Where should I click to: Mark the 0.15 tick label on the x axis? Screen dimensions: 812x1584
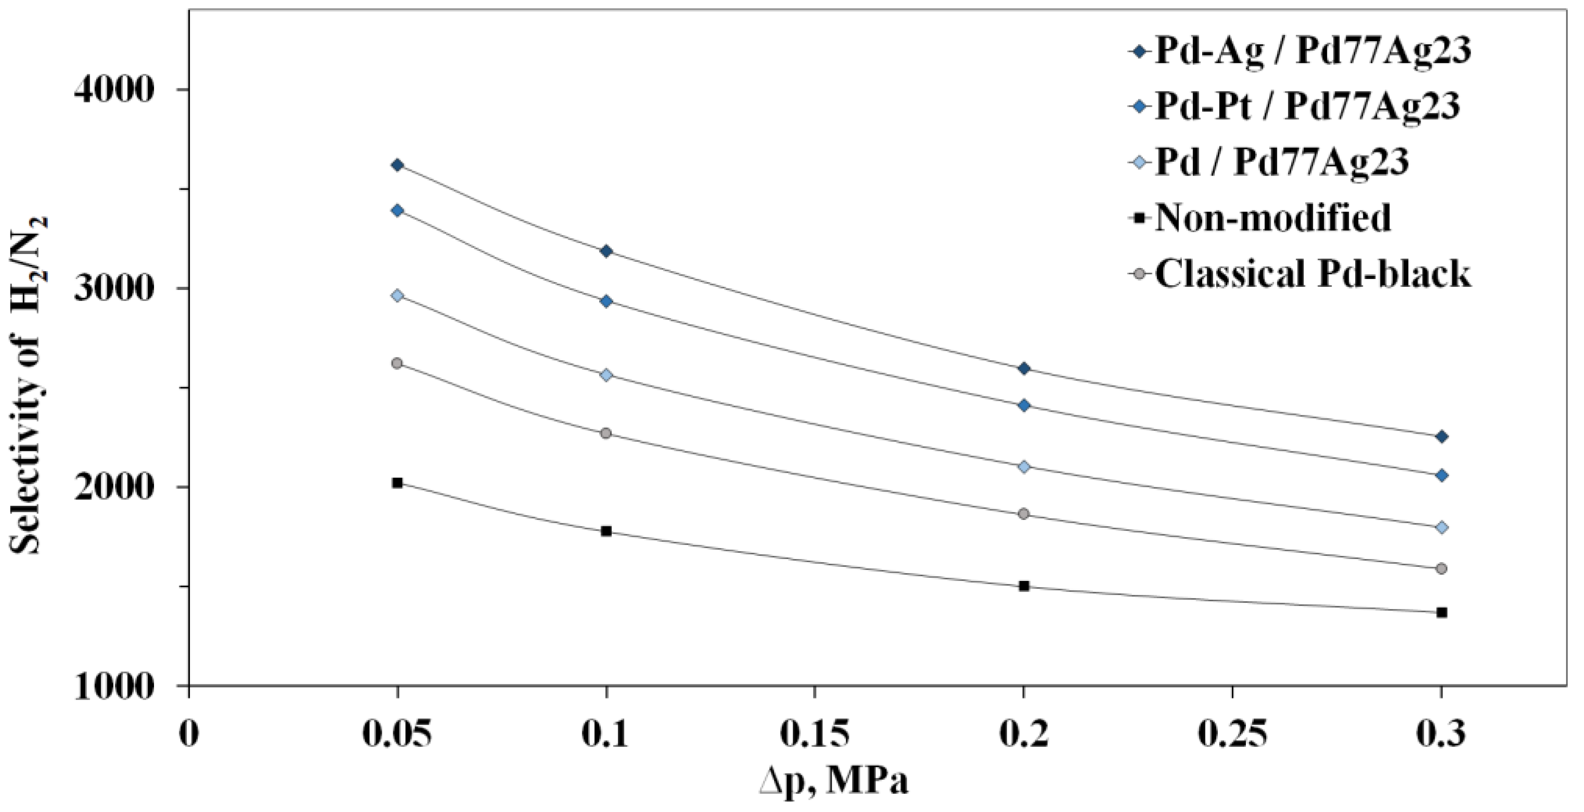click(x=814, y=735)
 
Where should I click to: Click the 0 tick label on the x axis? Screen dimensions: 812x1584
click(x=189, y=735)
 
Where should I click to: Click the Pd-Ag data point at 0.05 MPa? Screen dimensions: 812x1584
click(x=397, y=165)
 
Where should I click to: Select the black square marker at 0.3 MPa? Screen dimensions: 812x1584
click(x=1441, y=612)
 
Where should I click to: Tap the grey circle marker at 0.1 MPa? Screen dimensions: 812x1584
click(x=606, y=433)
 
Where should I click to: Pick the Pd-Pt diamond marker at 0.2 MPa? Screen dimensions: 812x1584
click(x=1024, y=405)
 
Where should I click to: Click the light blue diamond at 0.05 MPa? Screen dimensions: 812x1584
click(x=397, y=296)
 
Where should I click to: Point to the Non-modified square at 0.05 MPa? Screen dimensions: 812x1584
click(x=397, y=483)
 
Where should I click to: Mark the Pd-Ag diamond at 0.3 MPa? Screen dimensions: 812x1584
click(x=1441, y=437)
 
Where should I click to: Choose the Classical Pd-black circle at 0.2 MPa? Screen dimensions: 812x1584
click(x=1024, y=514)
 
